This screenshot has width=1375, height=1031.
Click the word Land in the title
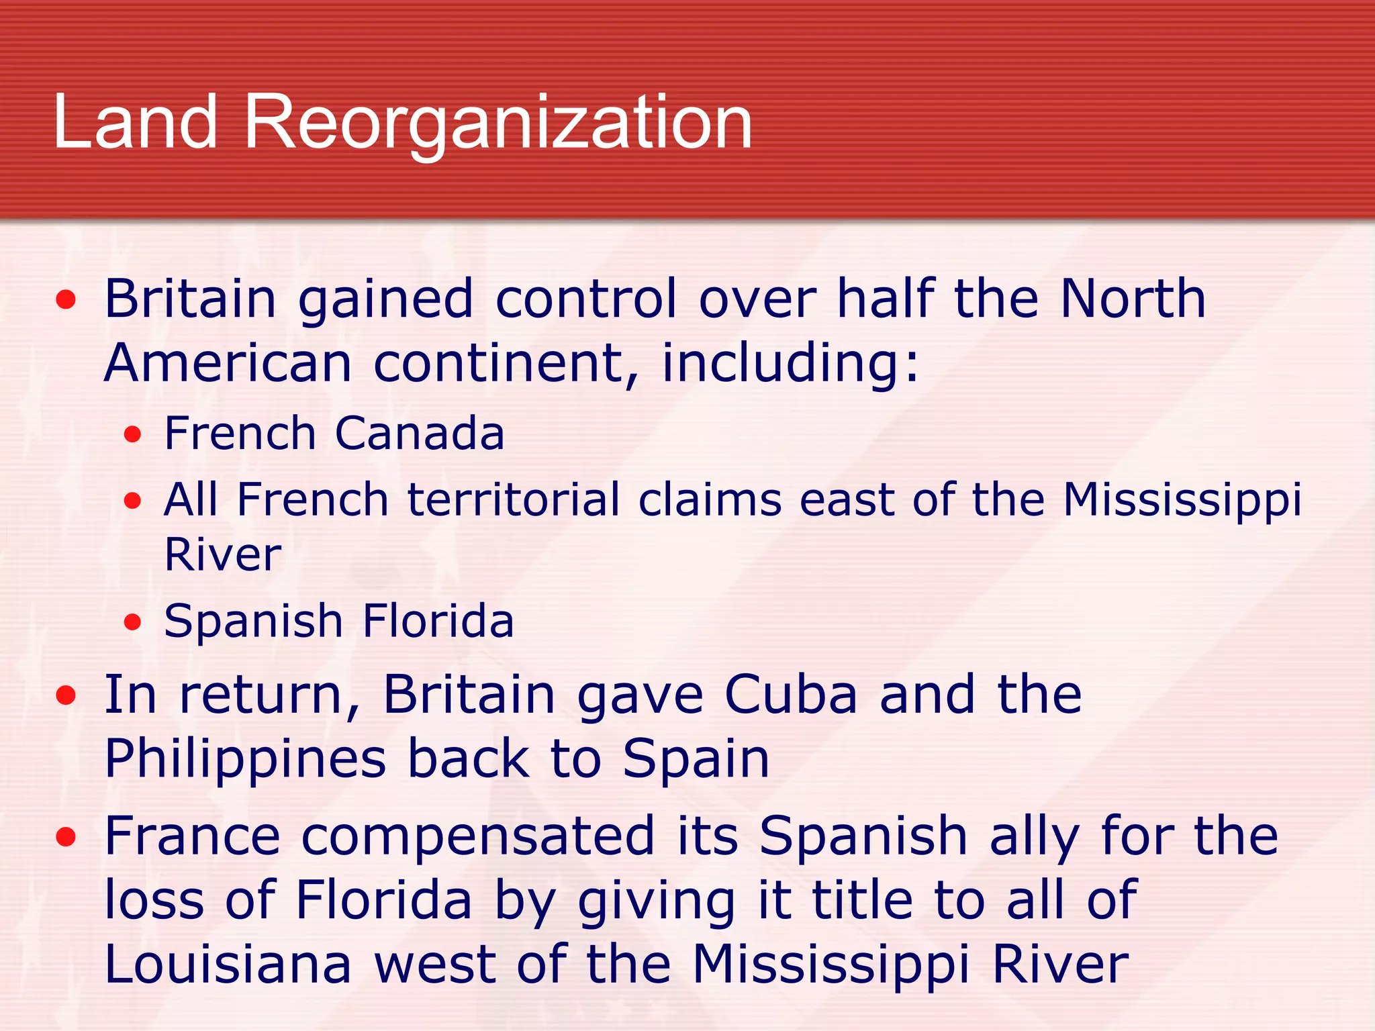point(135,122)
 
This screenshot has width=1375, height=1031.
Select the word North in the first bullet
point(1133,298)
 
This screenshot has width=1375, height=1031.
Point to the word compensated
point(477,836)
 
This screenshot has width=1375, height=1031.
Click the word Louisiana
point(228,965)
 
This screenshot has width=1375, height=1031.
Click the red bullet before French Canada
point(133,434)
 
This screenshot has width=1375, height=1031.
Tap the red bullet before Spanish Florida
point(133,622)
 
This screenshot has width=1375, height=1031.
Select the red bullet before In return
point(66,696)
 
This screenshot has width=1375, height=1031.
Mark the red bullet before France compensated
point(66,837)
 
